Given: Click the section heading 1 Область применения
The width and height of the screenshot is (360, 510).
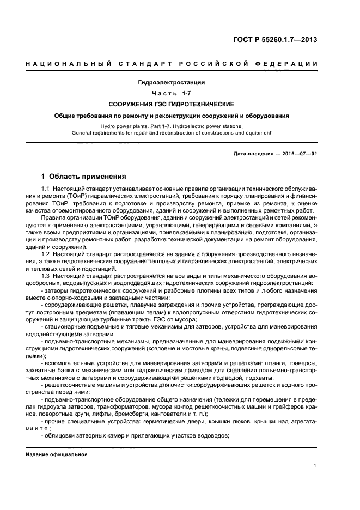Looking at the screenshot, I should [84, 177].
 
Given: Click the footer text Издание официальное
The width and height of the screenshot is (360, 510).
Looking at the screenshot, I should [56, 454].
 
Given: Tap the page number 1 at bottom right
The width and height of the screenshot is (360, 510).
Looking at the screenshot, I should [315, 466].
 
